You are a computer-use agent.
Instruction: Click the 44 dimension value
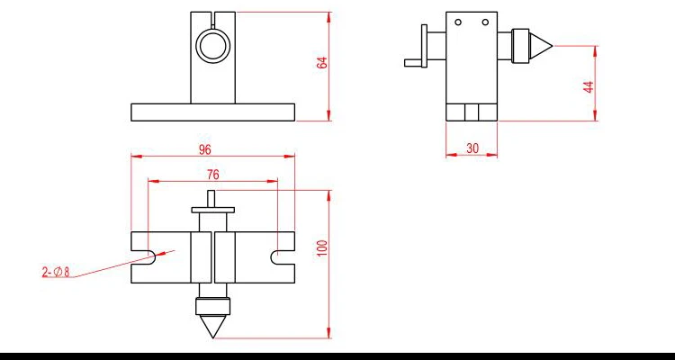pyautogui.click(x=589, y=86)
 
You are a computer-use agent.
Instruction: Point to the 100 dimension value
pyautogui.click(x=321, y=248)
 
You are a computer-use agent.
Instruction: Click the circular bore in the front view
pyautogui.click(x=213, y=45)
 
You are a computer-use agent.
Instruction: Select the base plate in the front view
pyautogui.click(x=212, y=112)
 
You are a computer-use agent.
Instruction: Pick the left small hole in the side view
pyautogui.click(x=458, y=22)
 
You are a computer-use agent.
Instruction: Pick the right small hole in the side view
pyautogui.click(x=483, y=22)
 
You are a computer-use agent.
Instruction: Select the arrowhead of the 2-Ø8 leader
pyautogui.click(x=153, y=256)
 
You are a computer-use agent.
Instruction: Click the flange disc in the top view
pyautogui.click(x=213, y=210)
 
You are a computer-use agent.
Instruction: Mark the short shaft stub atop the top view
pyautogui.click(x=213, y=198)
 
